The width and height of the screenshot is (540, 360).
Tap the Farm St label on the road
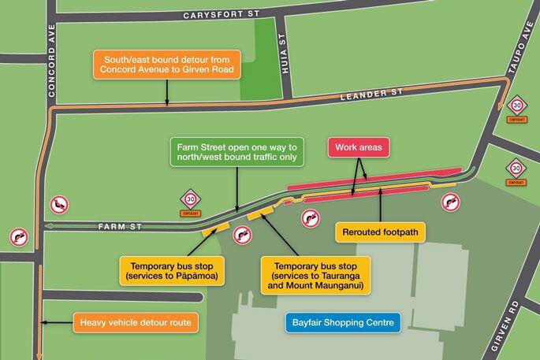click(x=121, y=227)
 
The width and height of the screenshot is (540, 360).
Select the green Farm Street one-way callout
click(x=236, y=153)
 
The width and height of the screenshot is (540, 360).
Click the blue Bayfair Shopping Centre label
click(x=343, y=323)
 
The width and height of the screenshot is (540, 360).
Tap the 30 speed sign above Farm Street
click(x=190, y=199)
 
